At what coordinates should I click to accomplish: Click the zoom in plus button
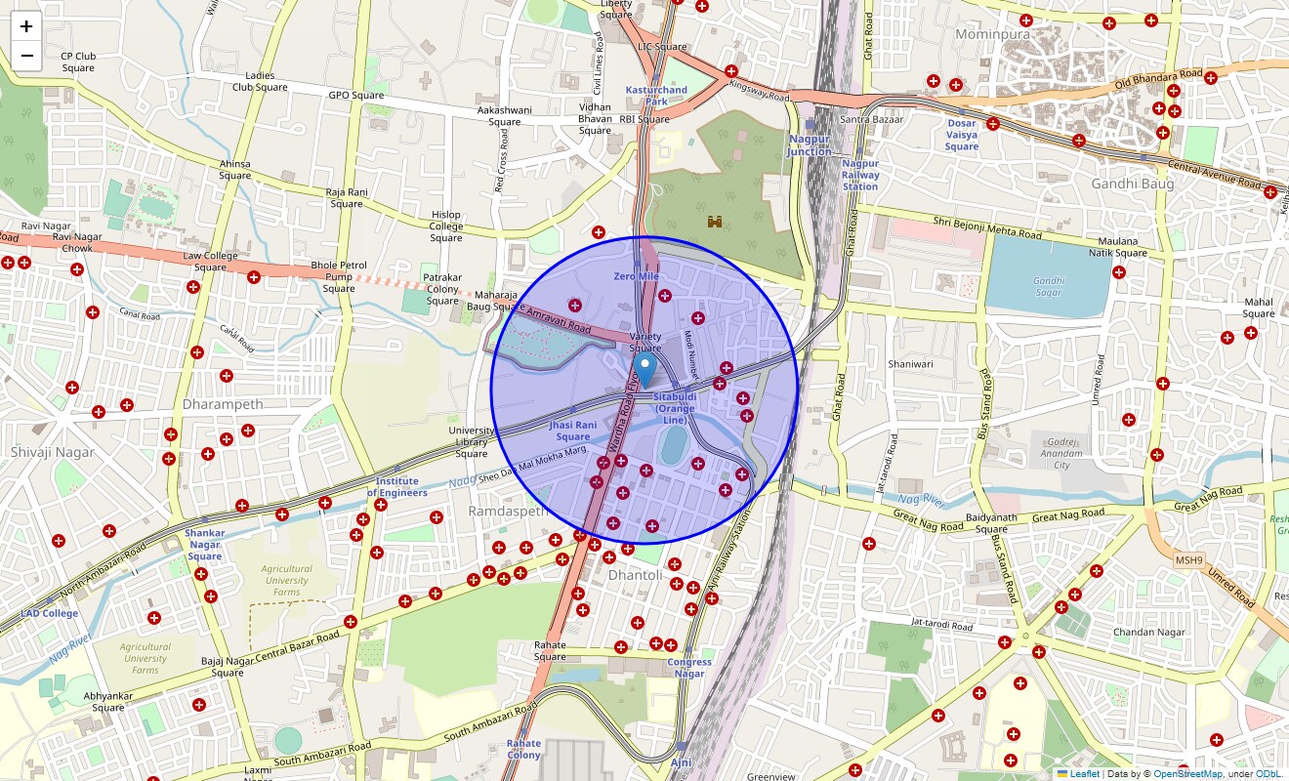pos(26,26)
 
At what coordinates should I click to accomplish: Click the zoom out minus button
pos(26,56)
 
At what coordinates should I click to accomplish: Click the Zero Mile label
pos(637,276)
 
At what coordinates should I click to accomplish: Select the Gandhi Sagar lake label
pos(1048,287)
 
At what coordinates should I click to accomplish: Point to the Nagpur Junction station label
pos(810,145)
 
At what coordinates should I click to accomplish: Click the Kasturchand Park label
pos(656,96)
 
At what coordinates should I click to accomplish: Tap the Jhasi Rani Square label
pos(572,431)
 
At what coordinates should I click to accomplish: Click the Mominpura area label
pos(992,34)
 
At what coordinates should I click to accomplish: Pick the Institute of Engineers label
pos(397,487)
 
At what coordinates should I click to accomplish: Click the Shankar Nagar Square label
pos(205,545)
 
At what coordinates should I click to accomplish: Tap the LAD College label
pos(49,614)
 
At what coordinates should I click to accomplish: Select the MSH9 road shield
pos(1190,558)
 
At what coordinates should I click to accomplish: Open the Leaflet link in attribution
pos(1084,774)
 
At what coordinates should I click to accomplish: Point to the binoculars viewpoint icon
pos(716,222)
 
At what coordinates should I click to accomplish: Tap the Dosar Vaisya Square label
pos(961,135)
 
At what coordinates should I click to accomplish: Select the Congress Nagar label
pos(689,668)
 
